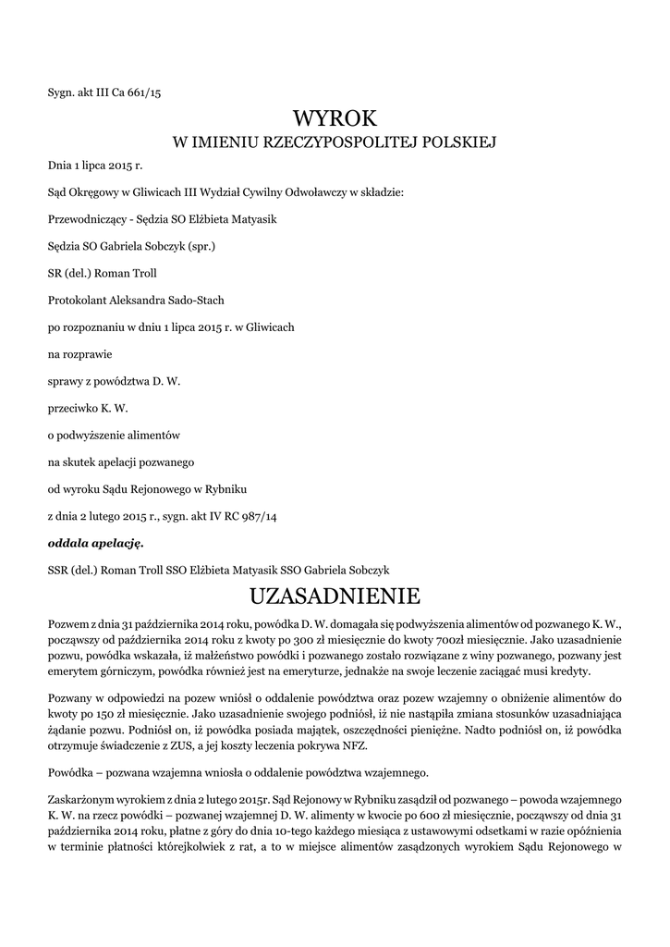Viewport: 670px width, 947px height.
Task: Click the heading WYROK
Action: click(x=335, y=117)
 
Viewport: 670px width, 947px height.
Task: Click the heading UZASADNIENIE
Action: click(x=335, y=593)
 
